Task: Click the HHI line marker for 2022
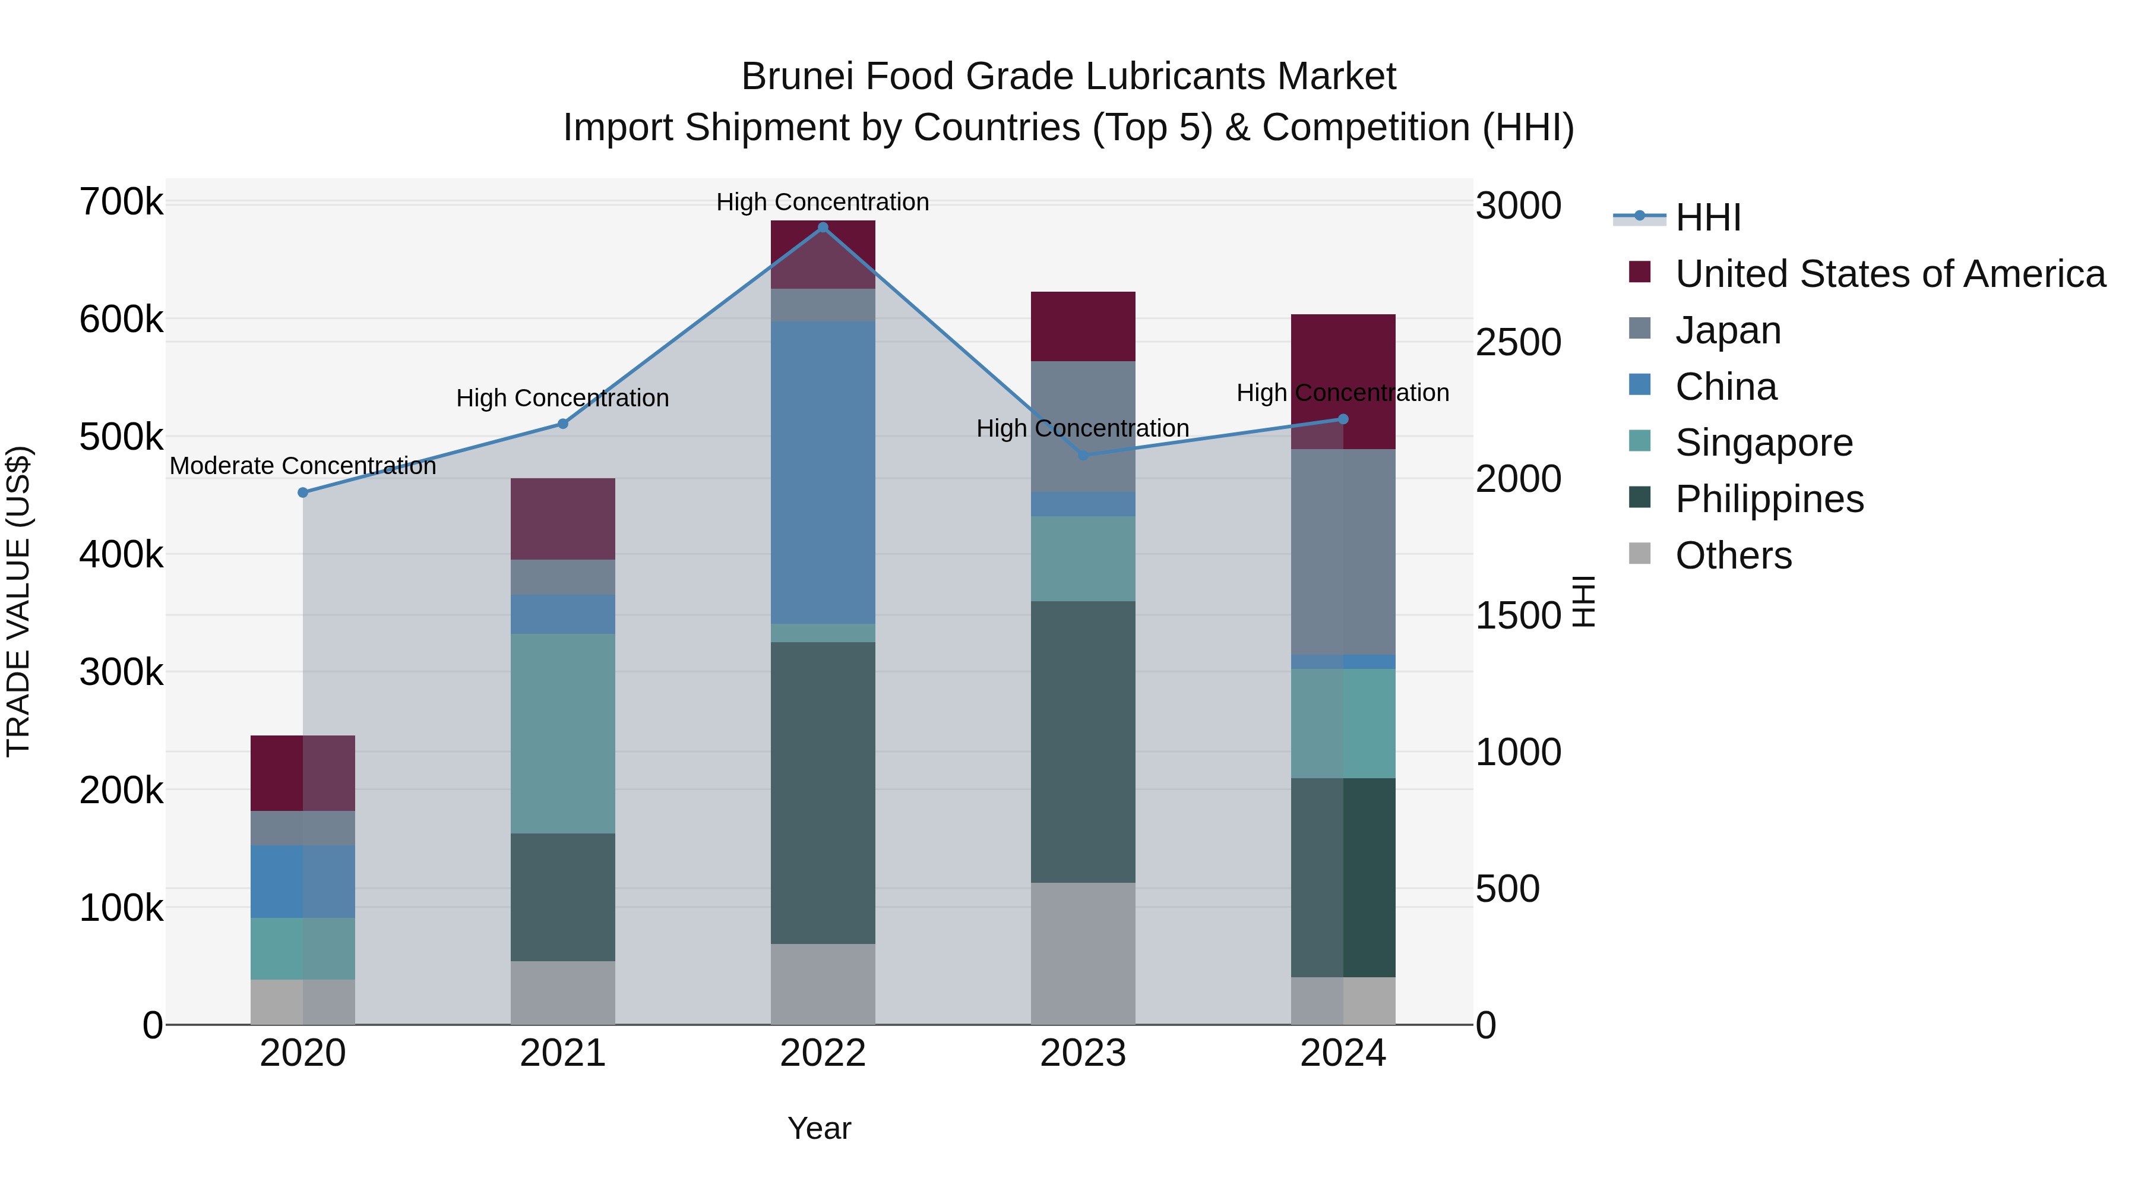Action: (x=823, y=228)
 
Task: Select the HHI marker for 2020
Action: (x=303, y=492)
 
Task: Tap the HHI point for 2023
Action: (x=1082, y=456)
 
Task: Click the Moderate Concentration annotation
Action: (x=303, y=466)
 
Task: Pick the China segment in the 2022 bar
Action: (x=823, y=472)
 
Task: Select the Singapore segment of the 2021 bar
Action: (x=563, y=733)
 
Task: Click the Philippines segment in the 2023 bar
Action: (x=1082, y=741)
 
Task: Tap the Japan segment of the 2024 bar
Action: (x=1343, y=551)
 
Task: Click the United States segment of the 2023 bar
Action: (x=1082, y=326)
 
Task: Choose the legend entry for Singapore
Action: (x=1764, y=443)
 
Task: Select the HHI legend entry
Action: (x=1707, y=217)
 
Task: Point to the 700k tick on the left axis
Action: (x=121, y=202)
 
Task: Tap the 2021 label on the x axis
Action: (x=563, y=1053)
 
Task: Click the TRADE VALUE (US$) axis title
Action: (x=19, y=601)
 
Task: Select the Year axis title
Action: (x=819, y=1128)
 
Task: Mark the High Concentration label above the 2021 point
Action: (x=563, y=399)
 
